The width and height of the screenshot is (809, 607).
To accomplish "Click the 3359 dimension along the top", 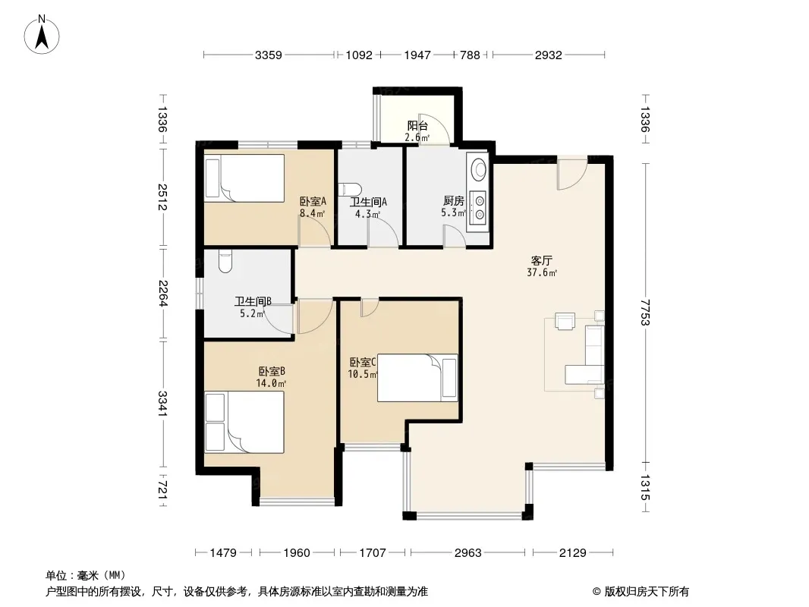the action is tap(269, 55).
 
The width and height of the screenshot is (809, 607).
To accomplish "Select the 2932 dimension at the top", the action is tap(548, 55).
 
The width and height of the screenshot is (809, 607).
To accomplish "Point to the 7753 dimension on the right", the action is tap(645, 313).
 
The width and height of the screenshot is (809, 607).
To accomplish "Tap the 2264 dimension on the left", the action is tap(163, 293).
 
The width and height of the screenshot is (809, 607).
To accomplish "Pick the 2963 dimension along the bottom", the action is tap(468, 553).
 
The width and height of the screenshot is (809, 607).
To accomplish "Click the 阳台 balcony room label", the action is tap(417, 125).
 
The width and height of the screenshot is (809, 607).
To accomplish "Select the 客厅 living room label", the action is tap(541, 260).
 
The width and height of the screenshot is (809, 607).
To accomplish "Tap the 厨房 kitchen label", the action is tap(454, 200).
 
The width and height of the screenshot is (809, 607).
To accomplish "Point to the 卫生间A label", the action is tap(368, 202).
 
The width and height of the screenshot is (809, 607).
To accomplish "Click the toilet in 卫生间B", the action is tap(225, 262).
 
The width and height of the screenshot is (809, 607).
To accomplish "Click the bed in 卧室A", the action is tap(244, 178).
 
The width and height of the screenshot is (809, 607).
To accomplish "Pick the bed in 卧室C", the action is tap(417, 378).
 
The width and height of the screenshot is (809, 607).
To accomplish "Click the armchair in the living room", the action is tap(565, 321).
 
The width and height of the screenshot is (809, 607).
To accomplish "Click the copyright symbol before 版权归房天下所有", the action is tap(597, 592).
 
